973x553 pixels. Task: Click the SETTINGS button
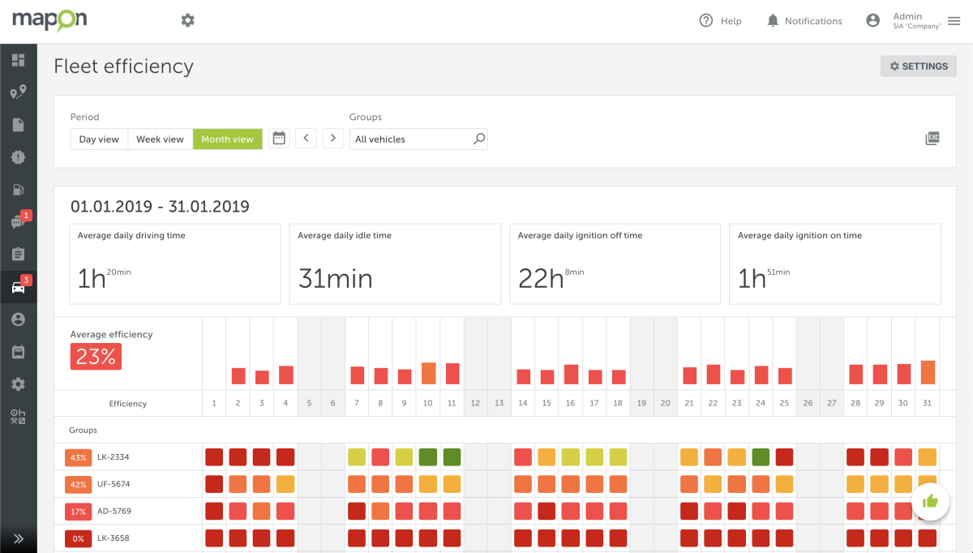pos(919,66)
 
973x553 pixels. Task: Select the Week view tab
pos(160,139)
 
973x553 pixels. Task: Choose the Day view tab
pos(99,139)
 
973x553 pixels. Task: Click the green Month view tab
pos(227,139)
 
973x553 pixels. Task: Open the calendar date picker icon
pos(279,139)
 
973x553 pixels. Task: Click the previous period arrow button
pos(306,139)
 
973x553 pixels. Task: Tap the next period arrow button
pos(332,139)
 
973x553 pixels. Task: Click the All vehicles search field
pos(412,139)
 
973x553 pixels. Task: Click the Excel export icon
pos(932,139)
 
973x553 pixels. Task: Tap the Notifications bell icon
pos(773,21)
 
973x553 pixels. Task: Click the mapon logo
pos(49,20)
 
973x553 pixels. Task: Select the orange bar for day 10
pos(428,373)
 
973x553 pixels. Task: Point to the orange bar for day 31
pos(928,372)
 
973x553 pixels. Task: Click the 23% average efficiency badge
pos(96,357)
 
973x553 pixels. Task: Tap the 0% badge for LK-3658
pos(79,538)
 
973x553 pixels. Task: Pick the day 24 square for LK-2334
pos(761,457)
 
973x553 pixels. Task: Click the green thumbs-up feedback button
pos(930,502)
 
